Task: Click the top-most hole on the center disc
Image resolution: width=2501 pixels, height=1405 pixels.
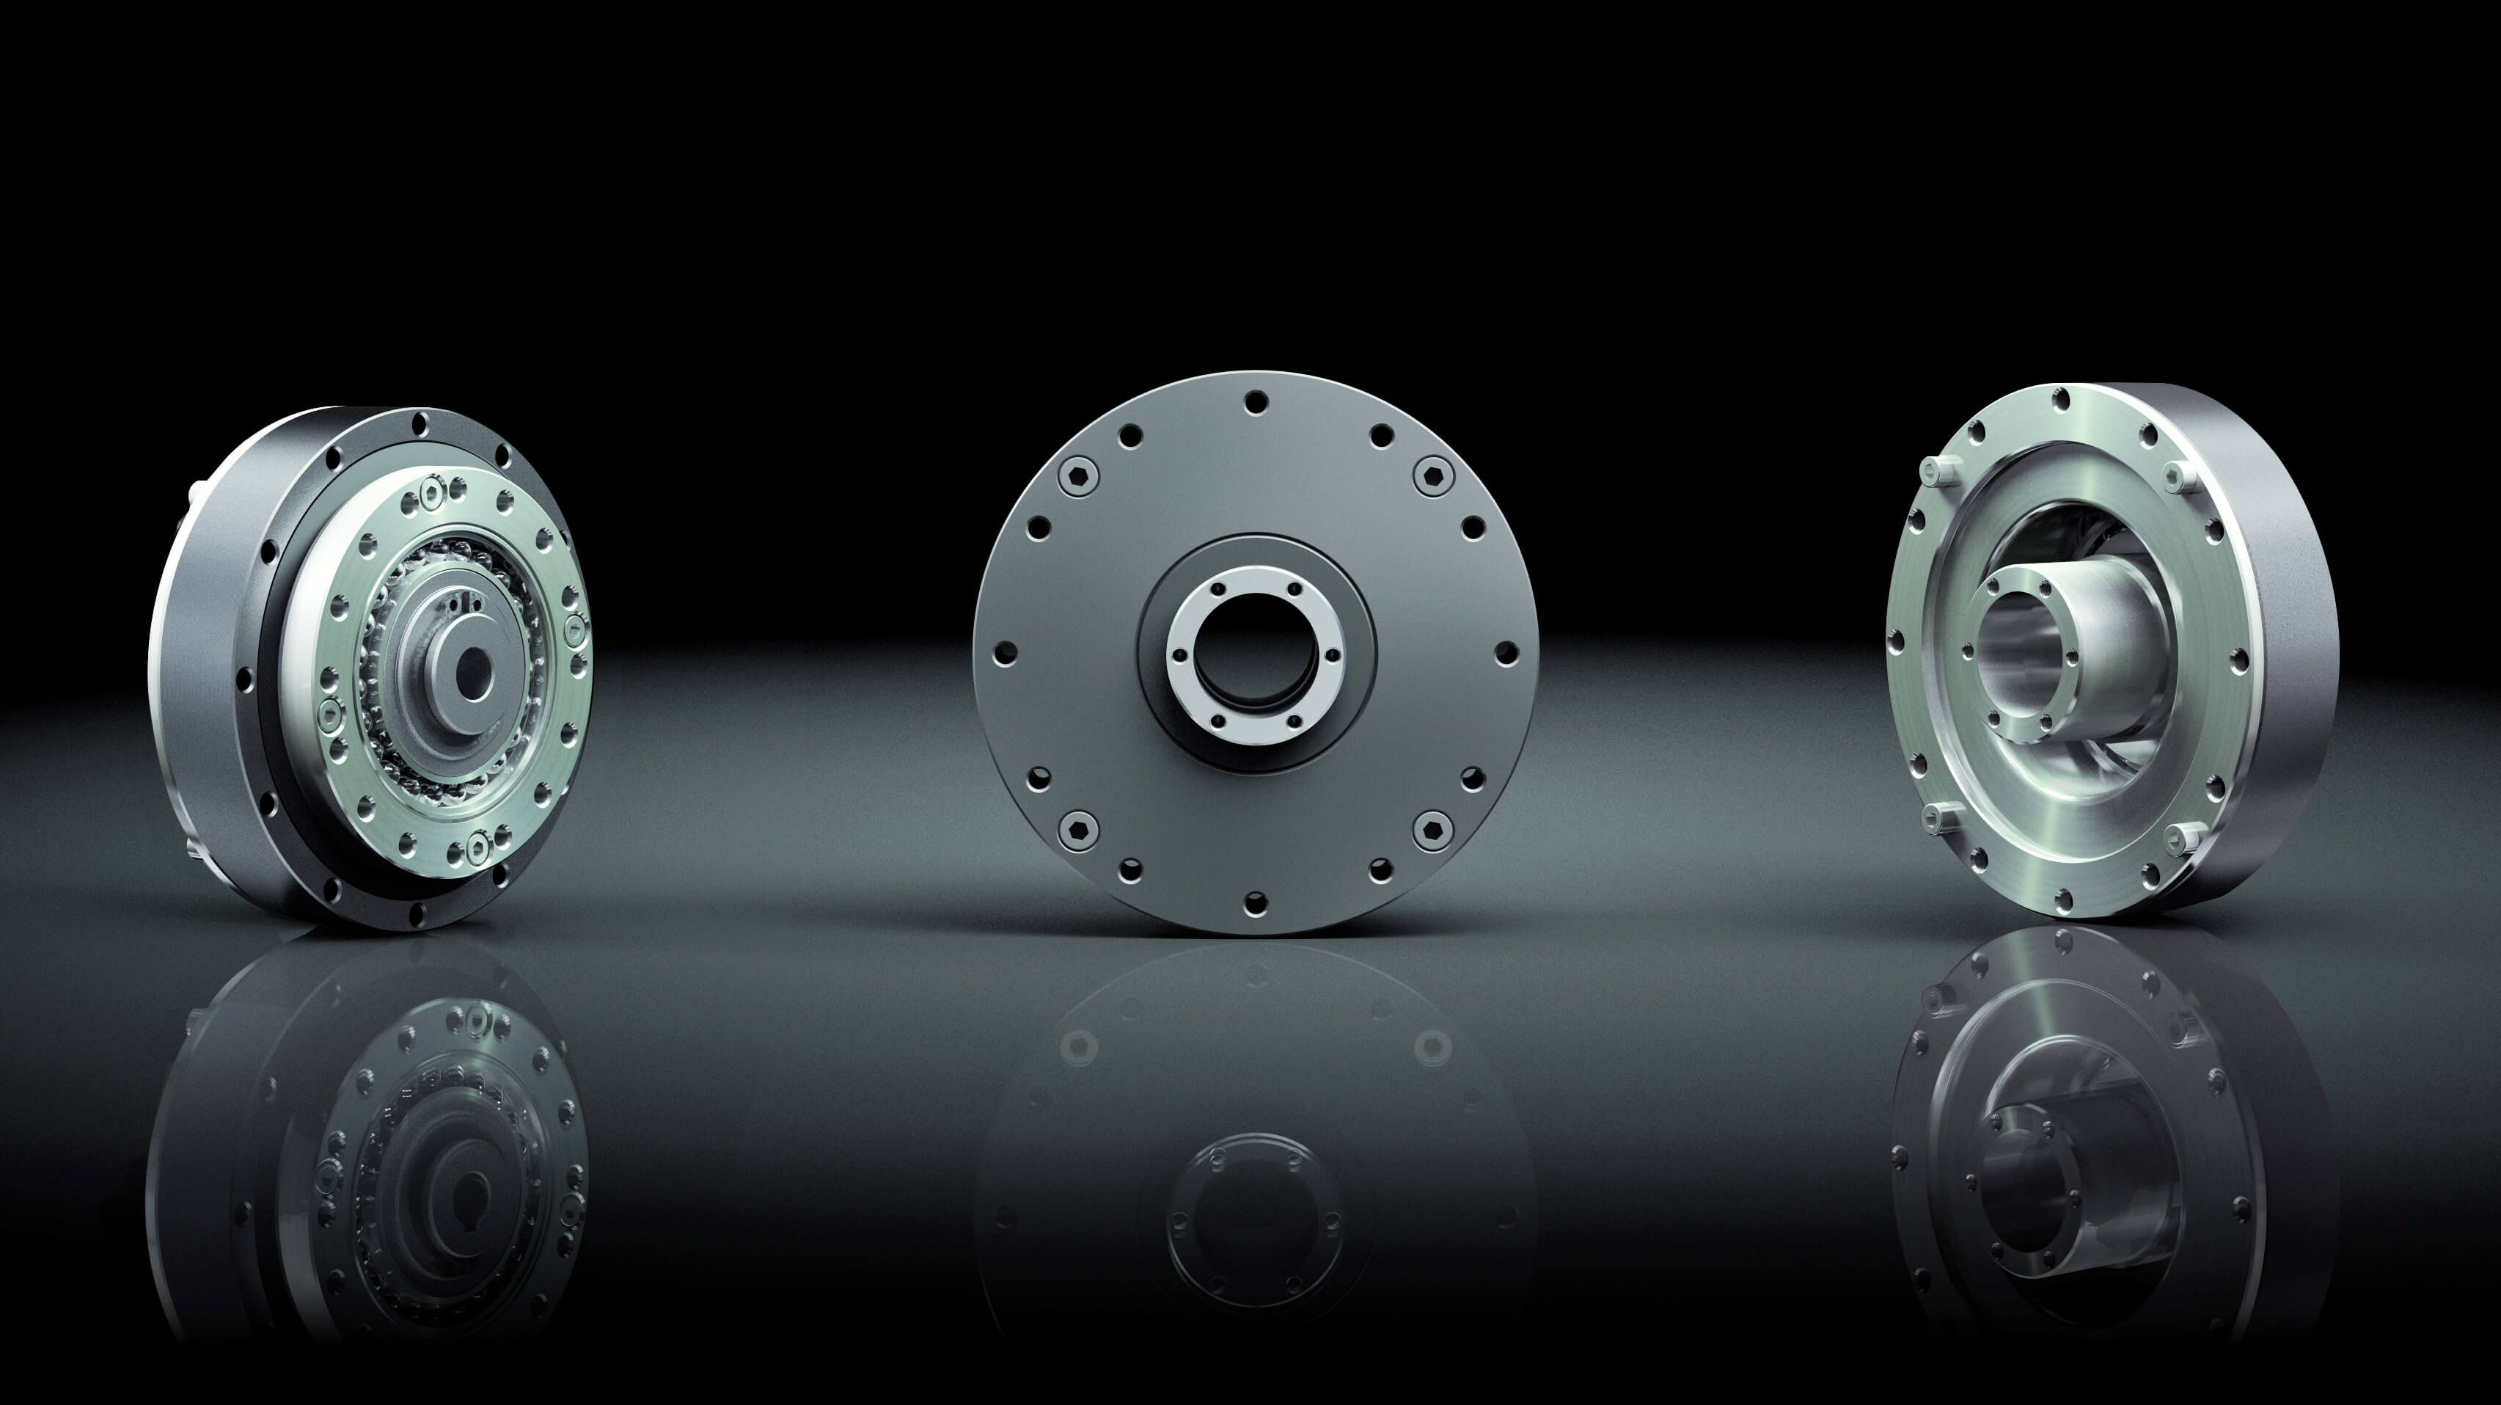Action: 1256,400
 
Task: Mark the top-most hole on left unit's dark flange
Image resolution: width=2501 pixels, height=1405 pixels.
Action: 420,423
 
